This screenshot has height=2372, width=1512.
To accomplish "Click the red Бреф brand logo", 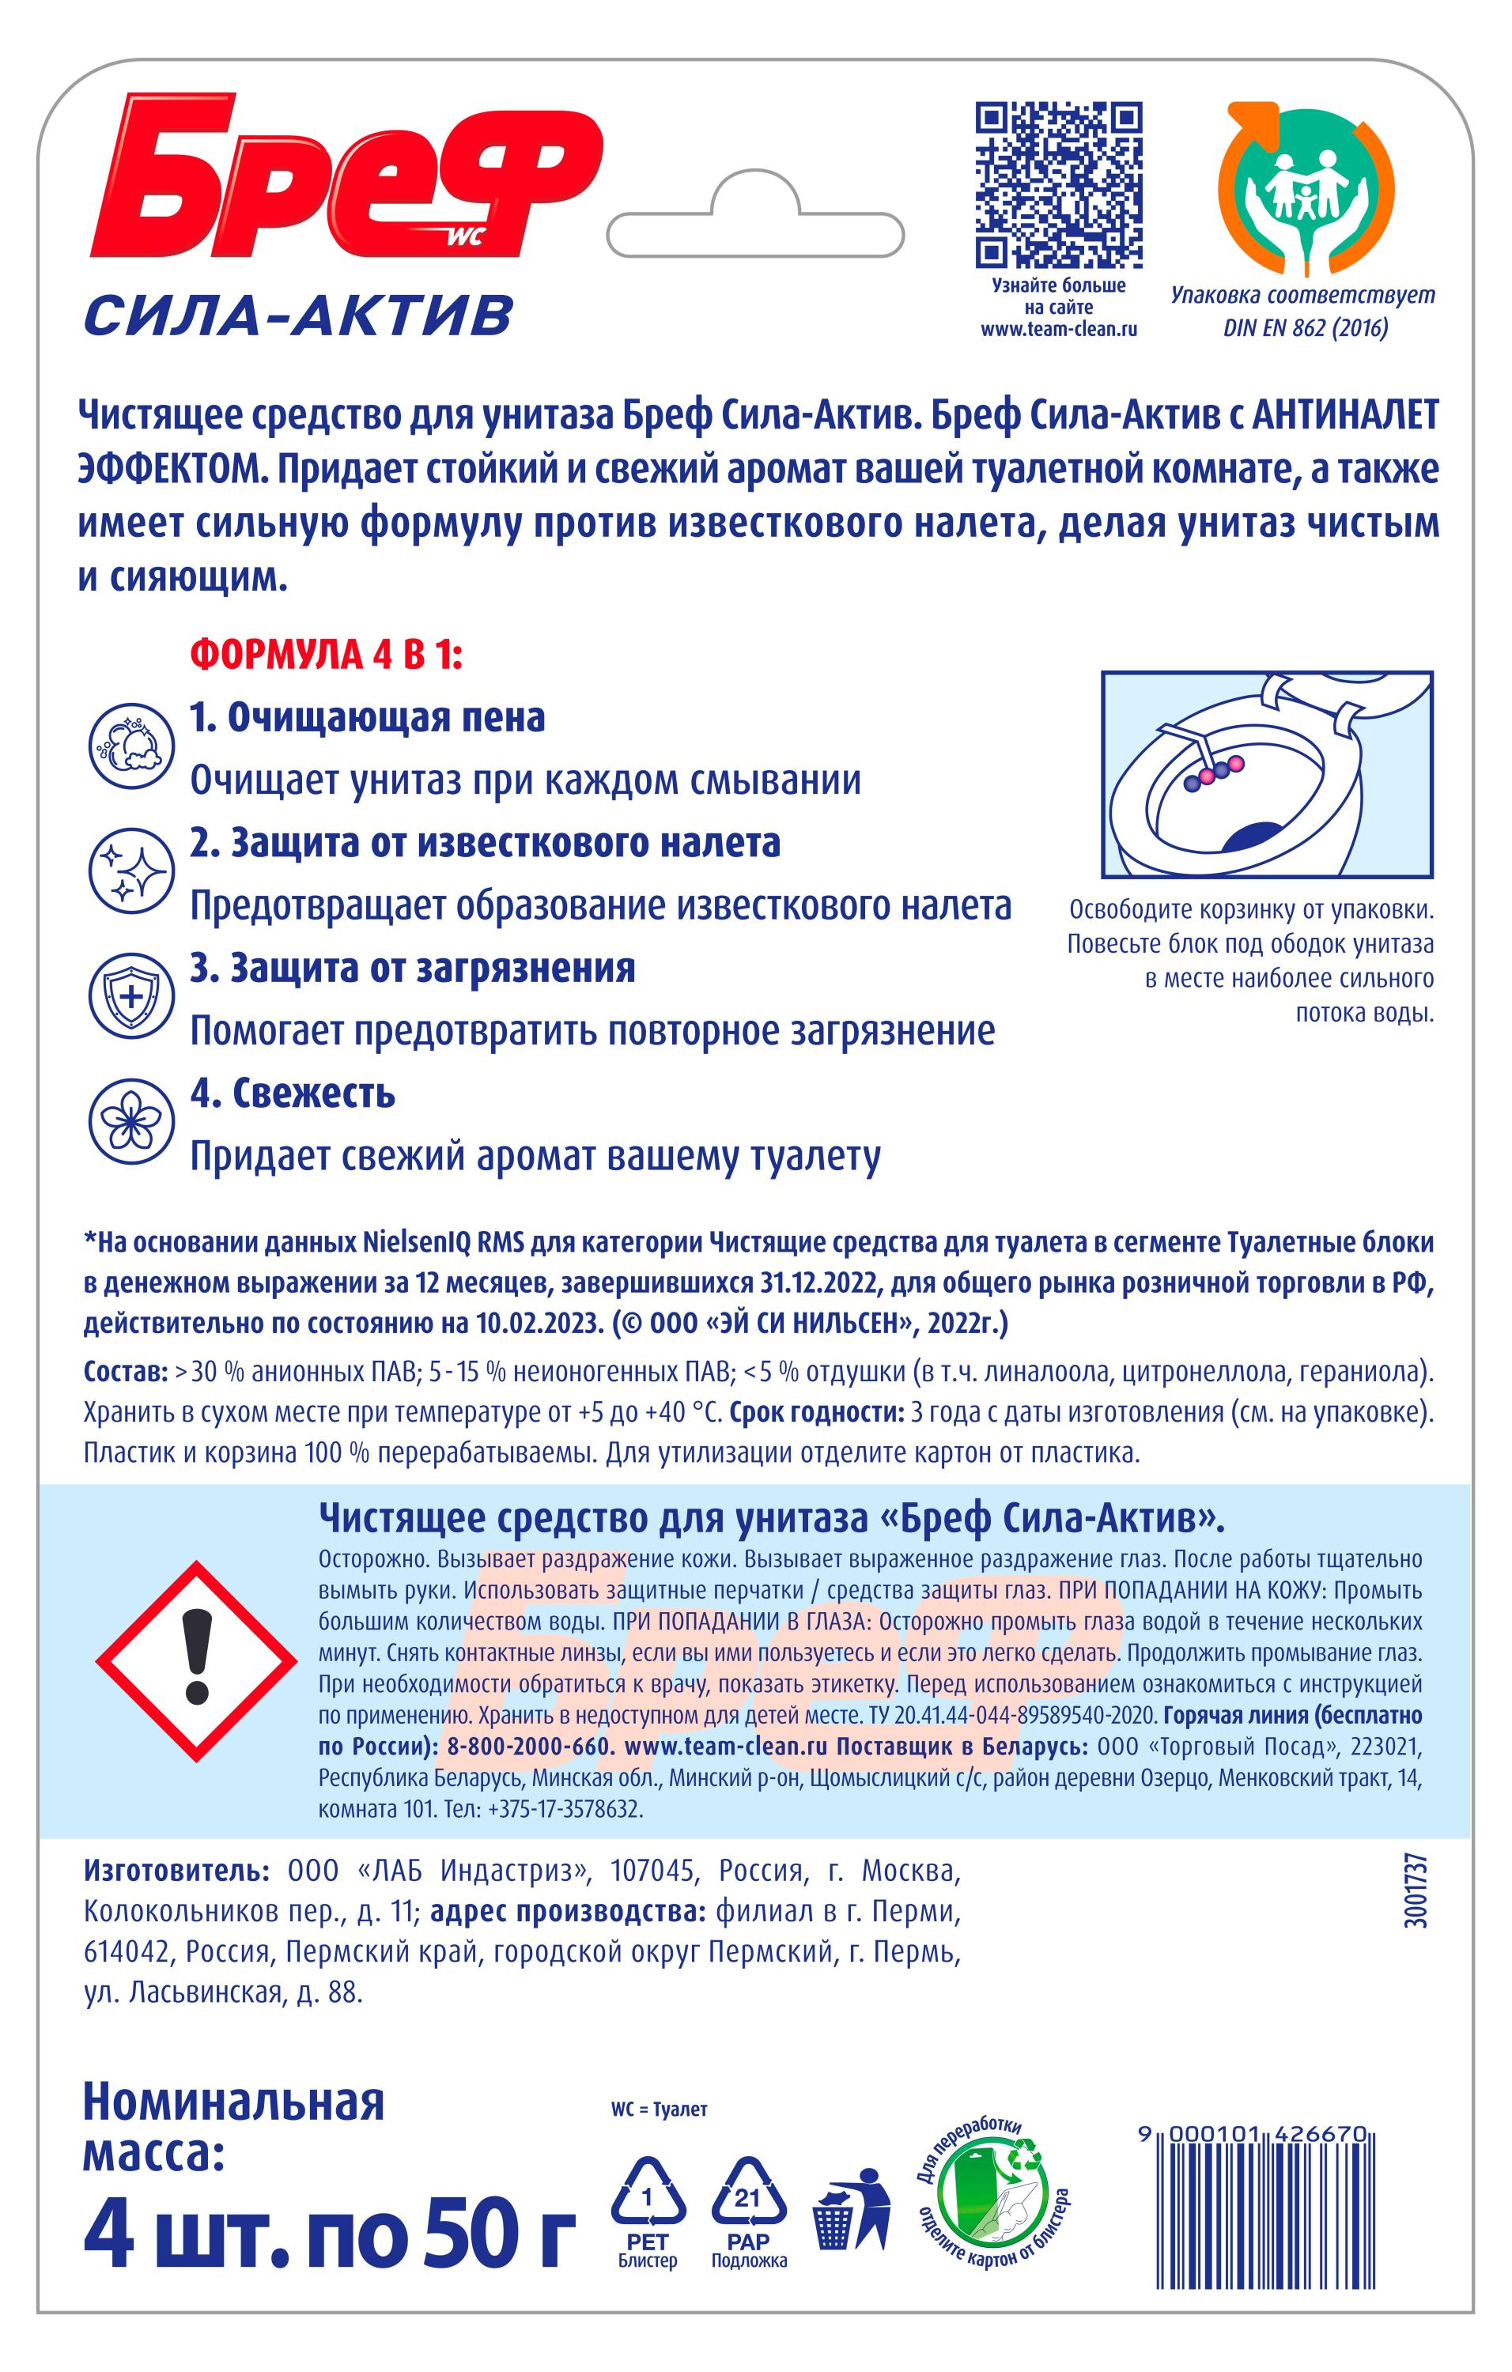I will click(345, 177).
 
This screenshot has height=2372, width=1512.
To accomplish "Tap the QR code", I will click(1059, 185).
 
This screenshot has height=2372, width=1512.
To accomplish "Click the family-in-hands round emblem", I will click(1305, 187).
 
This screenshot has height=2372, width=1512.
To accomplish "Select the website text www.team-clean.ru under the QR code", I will click(1059, 329).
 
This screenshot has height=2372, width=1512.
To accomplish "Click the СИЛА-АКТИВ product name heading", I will click(298, 315).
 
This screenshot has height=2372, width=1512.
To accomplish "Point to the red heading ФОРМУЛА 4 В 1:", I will click(326, 655).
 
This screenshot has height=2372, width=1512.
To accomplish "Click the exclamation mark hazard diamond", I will click(197, 1660).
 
